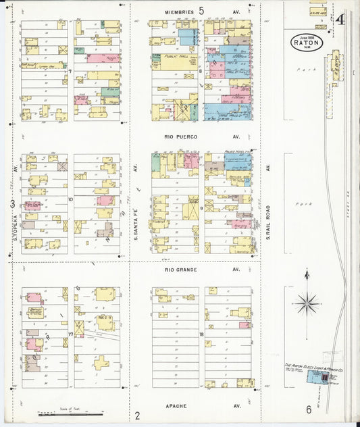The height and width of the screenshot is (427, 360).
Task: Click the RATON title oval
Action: pos(307,42)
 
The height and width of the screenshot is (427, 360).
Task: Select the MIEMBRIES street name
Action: pos(178,12)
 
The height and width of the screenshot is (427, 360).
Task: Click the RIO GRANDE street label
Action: pos(180,270)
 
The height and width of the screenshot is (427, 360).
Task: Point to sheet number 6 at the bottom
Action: pos(308,409)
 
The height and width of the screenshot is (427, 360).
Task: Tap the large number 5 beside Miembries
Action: pos(201,11)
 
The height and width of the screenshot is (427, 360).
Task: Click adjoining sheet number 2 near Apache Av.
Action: pos(137,415)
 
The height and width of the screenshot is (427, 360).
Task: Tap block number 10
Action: pos(70,200)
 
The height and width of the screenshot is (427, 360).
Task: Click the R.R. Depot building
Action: pos(334,68)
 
